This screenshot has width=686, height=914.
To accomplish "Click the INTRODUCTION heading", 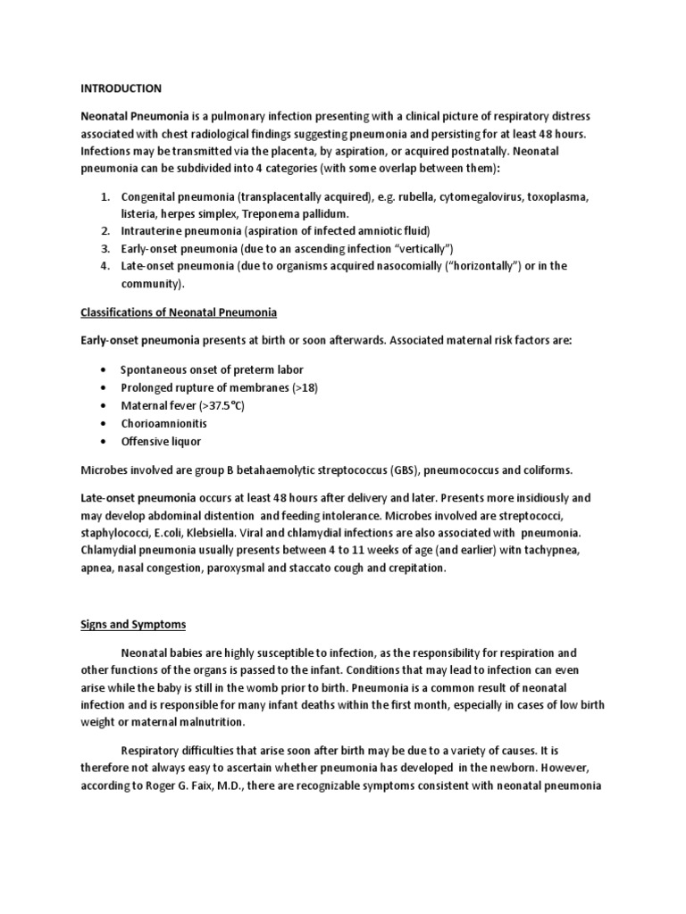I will [121, 88].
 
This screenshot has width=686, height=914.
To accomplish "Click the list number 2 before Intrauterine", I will [104, 231].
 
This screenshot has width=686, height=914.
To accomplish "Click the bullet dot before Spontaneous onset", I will [105, 370].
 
